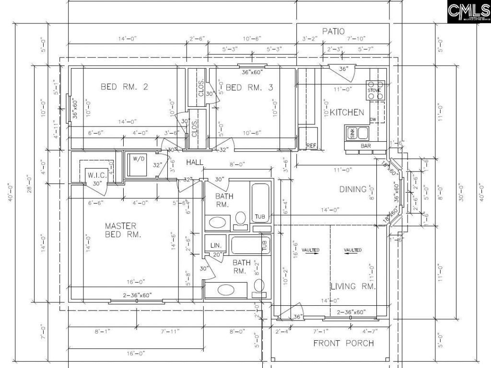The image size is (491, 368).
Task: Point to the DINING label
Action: click(353, 189)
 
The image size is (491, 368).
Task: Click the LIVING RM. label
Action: click(353, 286)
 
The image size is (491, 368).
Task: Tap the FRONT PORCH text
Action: click(343, 343)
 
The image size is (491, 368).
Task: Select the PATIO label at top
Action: click(333, 31)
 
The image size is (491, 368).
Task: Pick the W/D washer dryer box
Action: click(139, 159)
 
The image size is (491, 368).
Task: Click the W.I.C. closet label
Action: click(97, 175)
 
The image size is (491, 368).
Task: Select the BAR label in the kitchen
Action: click(366, 145)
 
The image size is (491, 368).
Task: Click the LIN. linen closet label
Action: click(215, 245)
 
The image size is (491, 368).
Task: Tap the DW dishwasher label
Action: click(373, 120)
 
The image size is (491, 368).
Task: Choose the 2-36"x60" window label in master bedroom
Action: click(137, 296)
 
